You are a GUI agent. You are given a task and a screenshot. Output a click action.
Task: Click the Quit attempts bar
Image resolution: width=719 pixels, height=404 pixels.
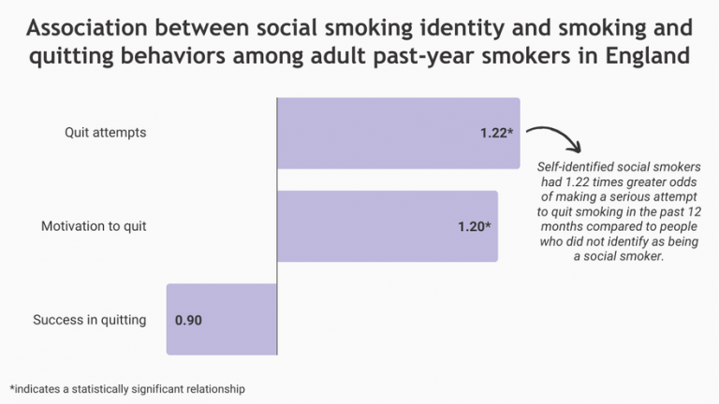coord(398,133)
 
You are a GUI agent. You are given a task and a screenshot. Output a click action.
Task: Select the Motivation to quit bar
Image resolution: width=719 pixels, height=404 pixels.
coord(388,226)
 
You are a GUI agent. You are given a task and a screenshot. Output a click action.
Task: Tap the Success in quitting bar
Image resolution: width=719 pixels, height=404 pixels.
coord(222,320)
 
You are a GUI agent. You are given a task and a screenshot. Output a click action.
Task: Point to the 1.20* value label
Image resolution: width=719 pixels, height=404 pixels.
coord(474,226)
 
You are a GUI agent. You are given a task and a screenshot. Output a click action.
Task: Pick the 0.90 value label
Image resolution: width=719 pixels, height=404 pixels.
coord(189,320)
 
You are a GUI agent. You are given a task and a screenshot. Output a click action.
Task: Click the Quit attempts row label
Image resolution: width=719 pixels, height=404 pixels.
coord(105,133)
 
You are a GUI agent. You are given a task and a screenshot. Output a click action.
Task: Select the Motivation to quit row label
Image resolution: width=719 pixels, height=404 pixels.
coord(94,226)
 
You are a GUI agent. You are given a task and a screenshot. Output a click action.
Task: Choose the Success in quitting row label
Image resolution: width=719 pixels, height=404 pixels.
coord(90,320)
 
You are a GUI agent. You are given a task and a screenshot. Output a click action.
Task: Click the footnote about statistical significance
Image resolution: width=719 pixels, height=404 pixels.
coord(127,388)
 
